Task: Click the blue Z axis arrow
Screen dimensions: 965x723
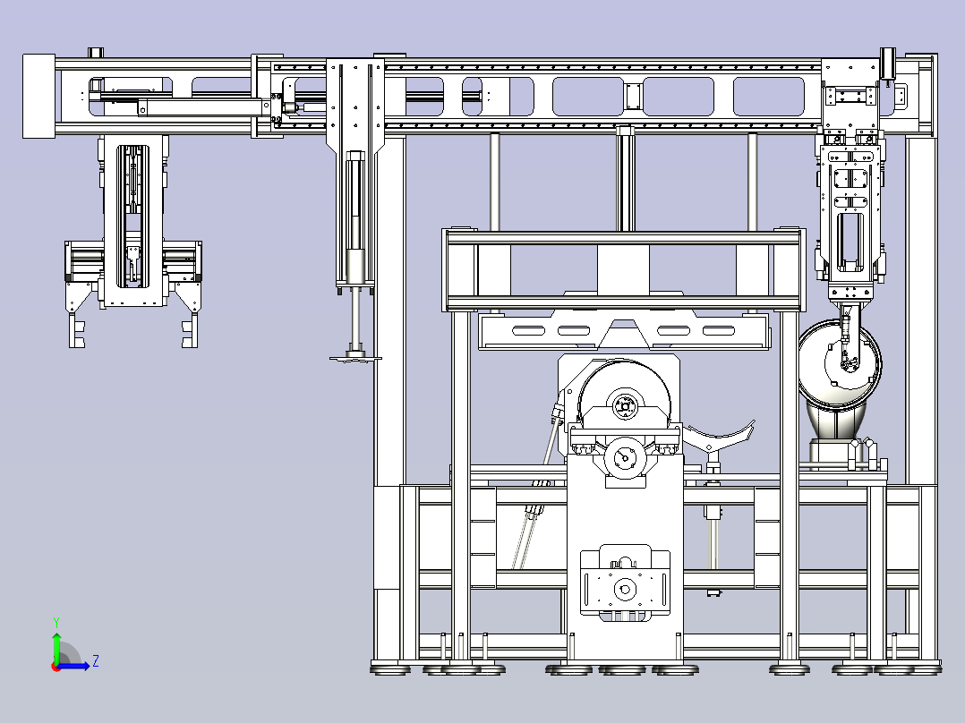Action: pos(73,666)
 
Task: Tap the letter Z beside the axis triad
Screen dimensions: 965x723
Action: pos(96,661)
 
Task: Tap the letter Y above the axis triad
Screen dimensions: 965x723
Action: pos(56,622)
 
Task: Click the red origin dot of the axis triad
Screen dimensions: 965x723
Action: pos(56,667)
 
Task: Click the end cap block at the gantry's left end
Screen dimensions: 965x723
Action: pos(38,96)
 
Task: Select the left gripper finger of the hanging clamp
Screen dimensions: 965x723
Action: pos(77,330)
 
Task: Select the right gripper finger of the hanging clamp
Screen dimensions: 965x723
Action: pos(190,330)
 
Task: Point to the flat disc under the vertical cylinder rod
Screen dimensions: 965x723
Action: pos(355,358)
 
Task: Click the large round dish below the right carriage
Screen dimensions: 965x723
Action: pos(840,364)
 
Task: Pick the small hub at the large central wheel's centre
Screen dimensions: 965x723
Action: pos(625,406)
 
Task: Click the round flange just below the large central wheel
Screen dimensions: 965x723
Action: pos(625,457)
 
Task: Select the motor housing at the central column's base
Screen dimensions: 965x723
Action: pos(625,583)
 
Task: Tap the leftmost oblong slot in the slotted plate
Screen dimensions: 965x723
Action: pos(529,331)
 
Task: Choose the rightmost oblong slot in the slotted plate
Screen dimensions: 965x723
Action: pos(718,331)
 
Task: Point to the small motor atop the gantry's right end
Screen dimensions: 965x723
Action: pos(887,64)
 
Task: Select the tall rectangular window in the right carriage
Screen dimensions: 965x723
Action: pos(850,242)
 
